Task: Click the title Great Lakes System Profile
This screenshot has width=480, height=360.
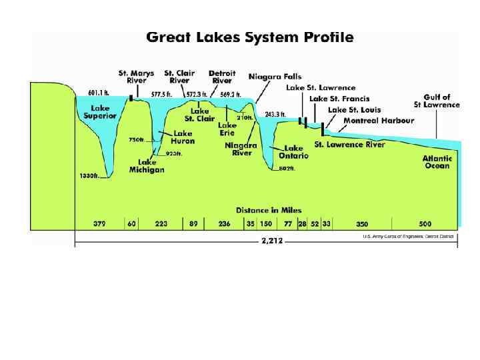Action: pos(250,37)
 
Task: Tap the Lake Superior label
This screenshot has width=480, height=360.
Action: pos(100,112)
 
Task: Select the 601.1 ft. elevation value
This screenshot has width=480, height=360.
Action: pos(99,93)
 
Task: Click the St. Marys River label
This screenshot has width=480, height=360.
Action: pos(136,77)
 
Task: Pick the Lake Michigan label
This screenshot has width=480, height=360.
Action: pos(147,166)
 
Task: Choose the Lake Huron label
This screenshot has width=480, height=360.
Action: pos(181,137)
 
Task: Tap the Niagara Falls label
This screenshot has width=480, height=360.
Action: pos(274,77)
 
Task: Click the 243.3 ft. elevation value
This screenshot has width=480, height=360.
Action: pos(275,115)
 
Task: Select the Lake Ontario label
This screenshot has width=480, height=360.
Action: pos(294,152)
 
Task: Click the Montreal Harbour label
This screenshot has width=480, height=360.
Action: pos(379,121)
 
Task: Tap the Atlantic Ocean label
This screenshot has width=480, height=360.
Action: pos(437,162)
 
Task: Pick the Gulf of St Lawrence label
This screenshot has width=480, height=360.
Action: pos(437,101)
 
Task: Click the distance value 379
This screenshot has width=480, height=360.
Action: pos(100,224)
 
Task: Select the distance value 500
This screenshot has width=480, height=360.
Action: pos(425,224)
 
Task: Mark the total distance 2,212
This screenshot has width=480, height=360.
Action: pos(266,243)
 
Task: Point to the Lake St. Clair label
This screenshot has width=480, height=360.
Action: pos(199,115)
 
